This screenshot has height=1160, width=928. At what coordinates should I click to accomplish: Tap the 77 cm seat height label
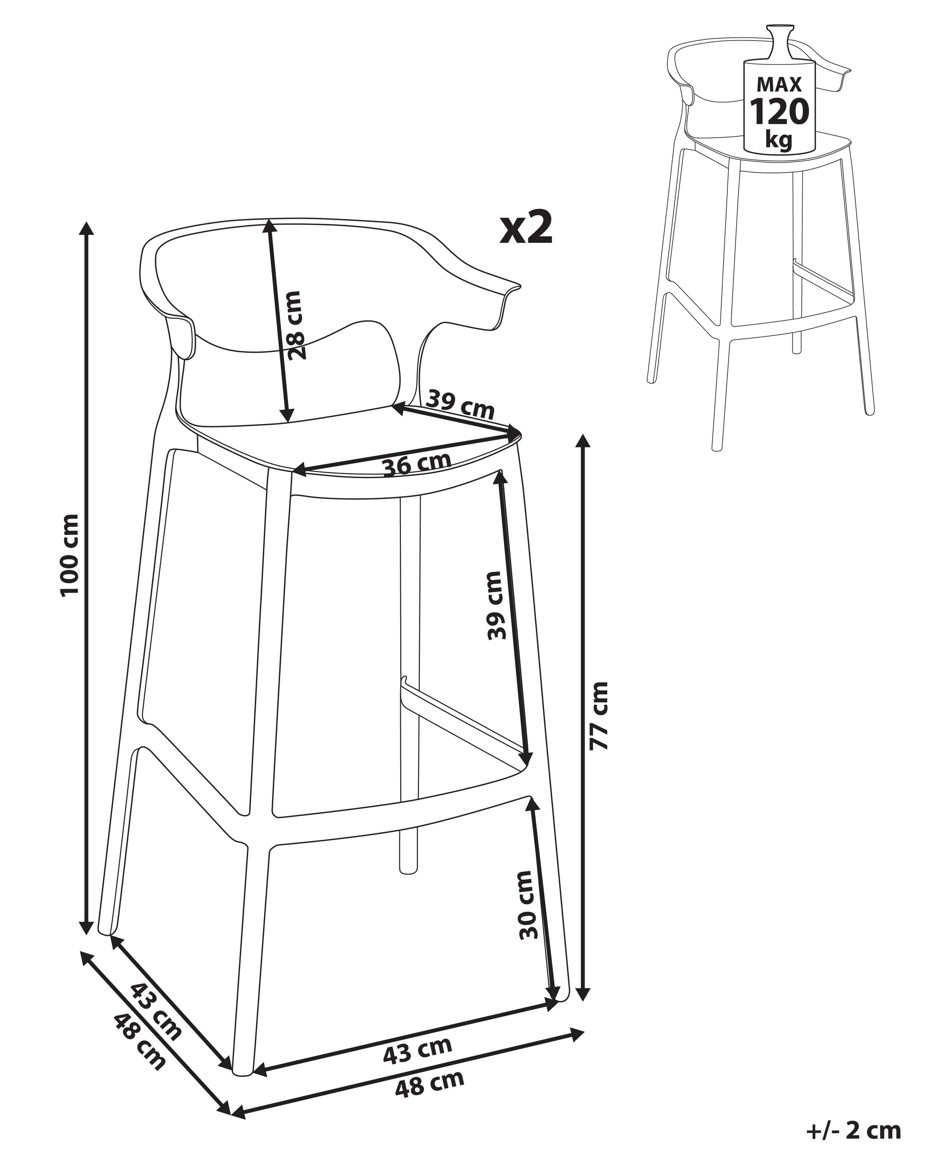coord(599,716)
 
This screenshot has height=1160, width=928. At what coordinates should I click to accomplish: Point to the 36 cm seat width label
coord(417,464)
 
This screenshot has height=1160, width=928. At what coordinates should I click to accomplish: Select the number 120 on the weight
coord(779,112)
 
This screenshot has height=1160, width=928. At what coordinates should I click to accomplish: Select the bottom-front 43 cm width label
coord(418,1050)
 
